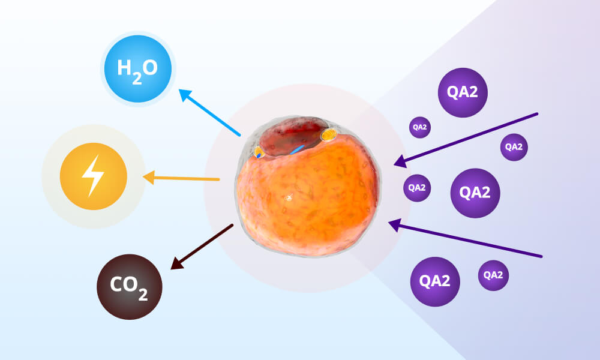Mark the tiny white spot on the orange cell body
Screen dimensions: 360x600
(x=288, y=197)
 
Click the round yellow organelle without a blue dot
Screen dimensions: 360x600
(x=328, y=136)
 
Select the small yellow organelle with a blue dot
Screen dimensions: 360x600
(x=259, y=154)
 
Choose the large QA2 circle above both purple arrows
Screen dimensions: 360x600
(x=463, y=92)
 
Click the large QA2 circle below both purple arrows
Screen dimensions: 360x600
(x=435, y=281)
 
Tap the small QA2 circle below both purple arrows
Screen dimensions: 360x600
(x=493, y=275)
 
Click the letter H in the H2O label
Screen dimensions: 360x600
(x=124, y=68)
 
